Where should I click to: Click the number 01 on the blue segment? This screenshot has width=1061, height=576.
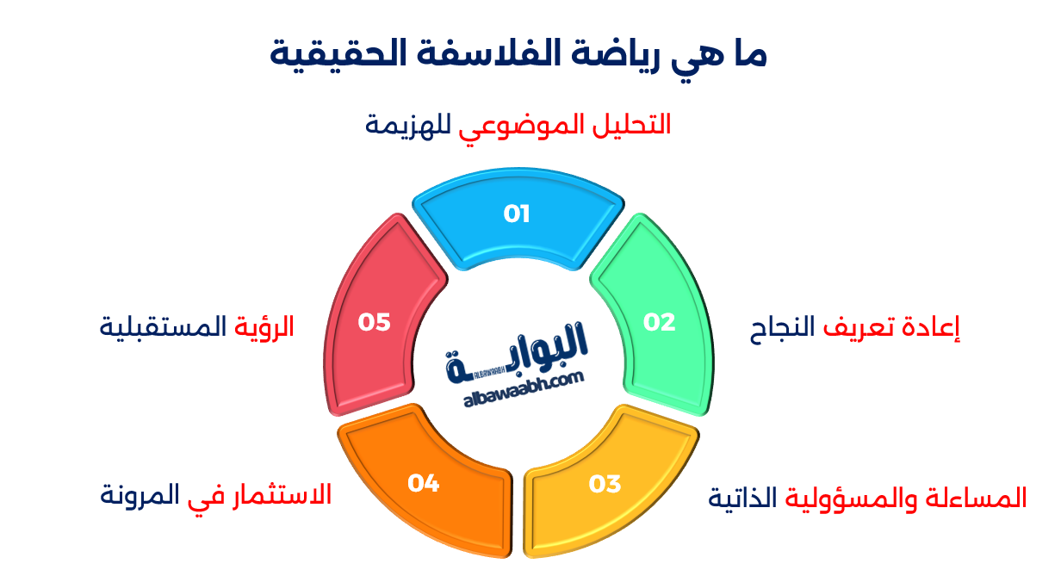tap(517, 214)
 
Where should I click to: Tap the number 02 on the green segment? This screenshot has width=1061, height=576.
tap(660, 322)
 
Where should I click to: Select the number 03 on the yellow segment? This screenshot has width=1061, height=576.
tap(605, 484)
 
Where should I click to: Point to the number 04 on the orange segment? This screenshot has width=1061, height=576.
tap(424, 484)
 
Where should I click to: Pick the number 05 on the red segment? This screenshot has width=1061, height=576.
tap(375, 322)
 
